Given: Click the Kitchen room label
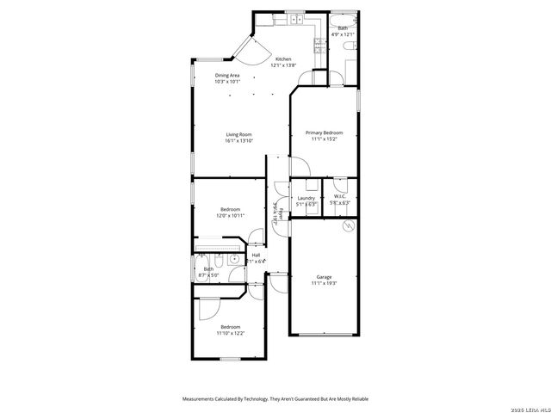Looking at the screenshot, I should [282, 59].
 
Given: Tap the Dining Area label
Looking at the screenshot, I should [228, 76].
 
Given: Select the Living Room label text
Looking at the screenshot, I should [238, 134].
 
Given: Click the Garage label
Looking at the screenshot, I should [324, 276].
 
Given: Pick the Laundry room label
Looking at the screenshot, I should [306, 198].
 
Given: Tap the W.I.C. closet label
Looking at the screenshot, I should [339, 198].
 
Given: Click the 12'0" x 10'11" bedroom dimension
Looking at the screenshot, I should [230, 215].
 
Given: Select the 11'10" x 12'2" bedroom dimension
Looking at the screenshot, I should [230, 332].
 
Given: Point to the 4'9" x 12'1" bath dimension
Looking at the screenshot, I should [343, 34].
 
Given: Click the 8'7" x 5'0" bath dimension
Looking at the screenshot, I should [208, 274].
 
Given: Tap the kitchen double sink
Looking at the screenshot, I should [294, 19].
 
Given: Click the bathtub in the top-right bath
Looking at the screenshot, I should [343, 20].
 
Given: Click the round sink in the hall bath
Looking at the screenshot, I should [233, 258].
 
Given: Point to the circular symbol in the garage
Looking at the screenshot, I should [348, 226].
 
